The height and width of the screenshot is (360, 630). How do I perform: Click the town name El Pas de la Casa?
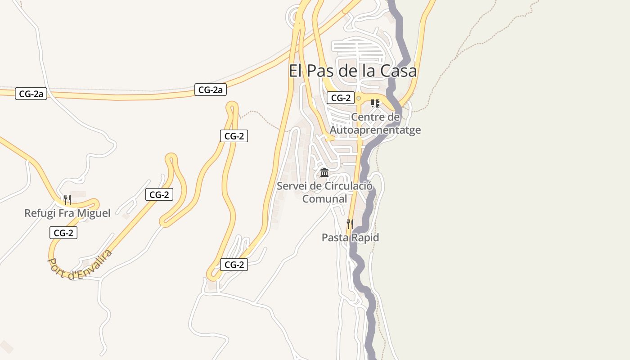[352, 71]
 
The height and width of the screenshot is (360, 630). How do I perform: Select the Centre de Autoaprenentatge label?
[375, 124]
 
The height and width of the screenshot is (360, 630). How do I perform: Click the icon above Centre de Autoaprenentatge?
[375, 103]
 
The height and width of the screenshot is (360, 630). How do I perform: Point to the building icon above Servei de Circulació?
[324, 173]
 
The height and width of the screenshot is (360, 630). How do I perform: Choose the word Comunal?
[324, 199]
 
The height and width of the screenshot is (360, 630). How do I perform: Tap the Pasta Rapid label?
[350, 238]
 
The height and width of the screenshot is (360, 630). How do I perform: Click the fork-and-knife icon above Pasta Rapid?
[350, 224]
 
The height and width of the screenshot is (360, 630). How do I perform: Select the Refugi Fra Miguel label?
[67, 213]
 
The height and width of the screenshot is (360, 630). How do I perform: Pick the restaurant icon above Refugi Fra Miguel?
[67, 199]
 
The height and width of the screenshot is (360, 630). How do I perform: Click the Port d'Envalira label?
[80, 265]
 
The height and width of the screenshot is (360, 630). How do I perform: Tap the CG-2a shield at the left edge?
[31, 94]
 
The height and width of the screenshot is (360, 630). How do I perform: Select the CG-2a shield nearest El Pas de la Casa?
[211, 90]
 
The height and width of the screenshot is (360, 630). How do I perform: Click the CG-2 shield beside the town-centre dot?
[341, 98]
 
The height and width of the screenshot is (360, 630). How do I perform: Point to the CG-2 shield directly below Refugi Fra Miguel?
[63, 233]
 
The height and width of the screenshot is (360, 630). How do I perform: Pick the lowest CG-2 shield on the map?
[234, 265]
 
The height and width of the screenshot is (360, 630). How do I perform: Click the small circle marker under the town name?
[359, 98]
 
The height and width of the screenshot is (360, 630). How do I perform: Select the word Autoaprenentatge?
[375, 130]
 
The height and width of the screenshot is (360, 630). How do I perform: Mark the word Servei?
[292, 186]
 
